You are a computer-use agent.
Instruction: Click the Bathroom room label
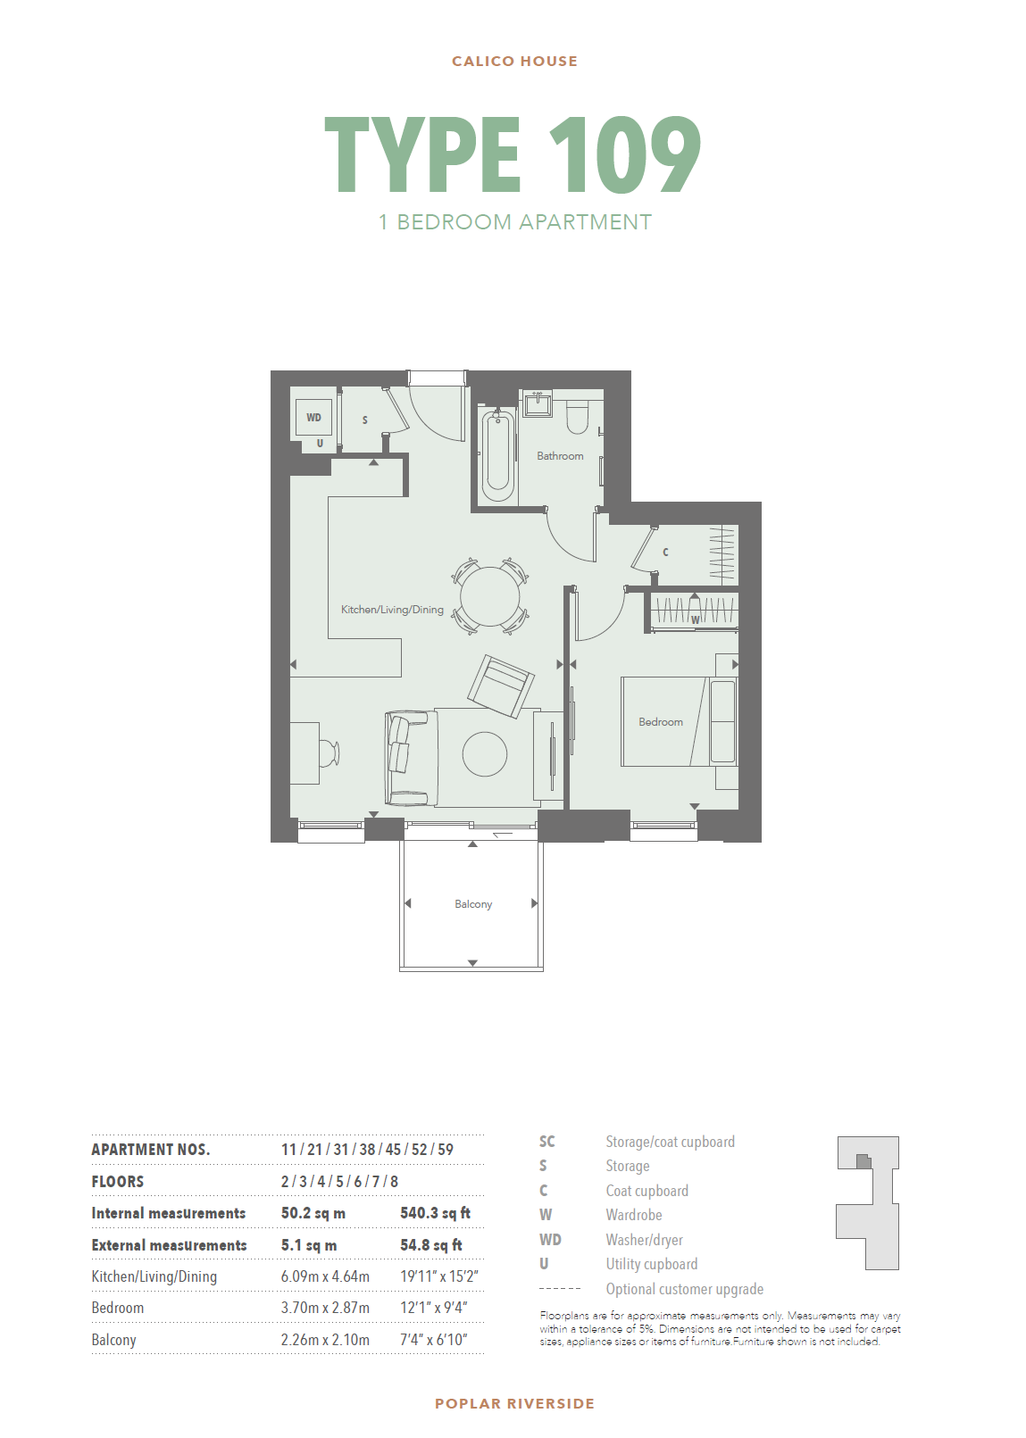pyautogui.click(x=560, y=456)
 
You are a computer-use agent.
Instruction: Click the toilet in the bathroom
pyautogui.click(x=578, y=417)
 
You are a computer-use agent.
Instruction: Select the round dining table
pyautogui.click(x=490, y=597)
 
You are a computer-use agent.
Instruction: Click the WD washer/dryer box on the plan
pyautogui.click(x=313, y=418)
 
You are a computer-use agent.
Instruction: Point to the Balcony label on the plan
pyautogui.click(x=473, y=904)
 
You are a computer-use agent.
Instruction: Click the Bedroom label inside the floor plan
pyautogui.click(x=661, y=722)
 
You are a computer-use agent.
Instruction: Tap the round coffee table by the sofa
pyautogui.click(x=485, y=754)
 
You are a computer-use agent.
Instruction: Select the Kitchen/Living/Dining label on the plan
pyautogui.click(x=392, y=610)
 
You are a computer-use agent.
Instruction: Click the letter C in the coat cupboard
pyautogui.click(x=665, y=553)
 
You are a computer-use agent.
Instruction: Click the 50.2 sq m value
pyautogui.click(x=313, y=1213)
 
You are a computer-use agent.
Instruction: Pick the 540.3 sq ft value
pyautogui.click(x=435, y=1213)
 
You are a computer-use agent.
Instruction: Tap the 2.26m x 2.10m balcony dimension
pyautogui.click(x=325, y=1340)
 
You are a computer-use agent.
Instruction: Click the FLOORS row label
pyautogui.click(x=118, y=1182)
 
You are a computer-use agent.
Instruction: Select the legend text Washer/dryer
pyautogui.click(x=644, y=1240)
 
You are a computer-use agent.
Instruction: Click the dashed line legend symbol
pyautogui.click(x=560, y=1289)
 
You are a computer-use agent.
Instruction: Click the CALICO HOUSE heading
pyautogui.click(x=514, y=62)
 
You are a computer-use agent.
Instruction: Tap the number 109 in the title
pyautogui.click(x=624, y=155)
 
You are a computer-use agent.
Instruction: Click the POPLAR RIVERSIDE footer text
pyautogui.click(x=514, y=1403)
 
